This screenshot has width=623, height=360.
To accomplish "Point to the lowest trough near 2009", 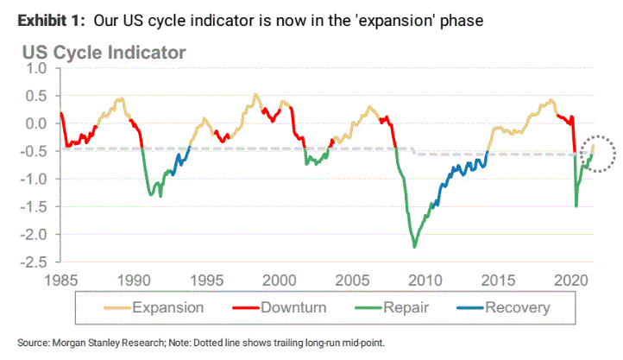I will pos(414,248).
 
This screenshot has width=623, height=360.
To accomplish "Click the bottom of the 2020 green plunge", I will pos(576,206).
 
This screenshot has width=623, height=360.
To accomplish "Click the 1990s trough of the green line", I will pos(150,195).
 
